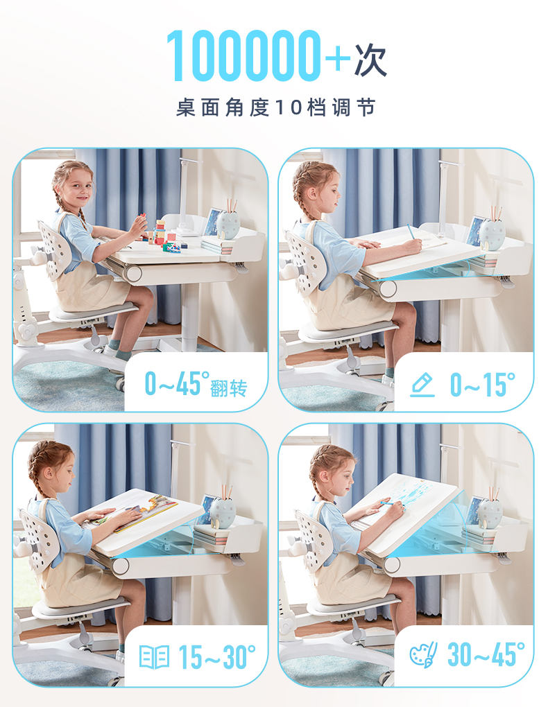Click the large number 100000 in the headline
pyautogui.click(x=243, y=56)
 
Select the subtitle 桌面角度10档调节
pyautogui.click(x=275, y=107)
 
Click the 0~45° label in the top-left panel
pyautogui.click(x=177, y=383)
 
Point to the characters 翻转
pyautogui.click(x=228, y=387)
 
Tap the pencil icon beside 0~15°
pyautogui.click(x=422, y=385)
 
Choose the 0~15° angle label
pyautogui.click(x=483, y=385)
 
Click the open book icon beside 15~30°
pyautogui.click(x=155, y=656)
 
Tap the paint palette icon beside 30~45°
pyautogui.click(x=423, y=655)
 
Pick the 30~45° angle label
pyautogui.click(x=486, y=654)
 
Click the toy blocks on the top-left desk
pyautogui.click(x=165, y=236)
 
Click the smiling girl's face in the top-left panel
pyautogui.click(x=79, y=189)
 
